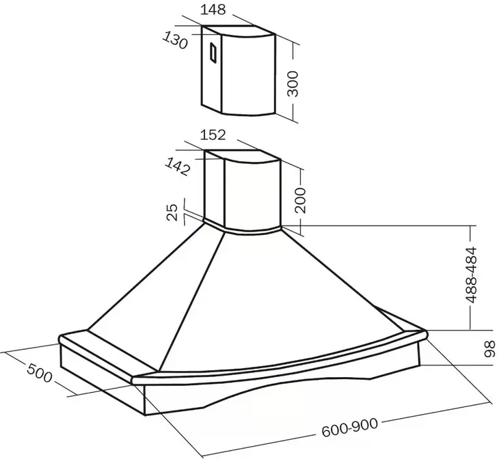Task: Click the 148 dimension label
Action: (x=213, y=10)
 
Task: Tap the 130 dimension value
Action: (x=175, y=41)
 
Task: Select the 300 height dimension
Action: (x=293, y=83)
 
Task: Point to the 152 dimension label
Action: (x=213, y=135)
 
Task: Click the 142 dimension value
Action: (x=178, y=167)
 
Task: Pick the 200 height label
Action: (x=300, y=200)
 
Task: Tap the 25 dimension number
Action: (x=172, y=212)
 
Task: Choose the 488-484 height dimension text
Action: (x=471, y=275)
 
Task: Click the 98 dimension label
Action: (x=490, y=348)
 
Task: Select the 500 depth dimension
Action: (x=39, y=373)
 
